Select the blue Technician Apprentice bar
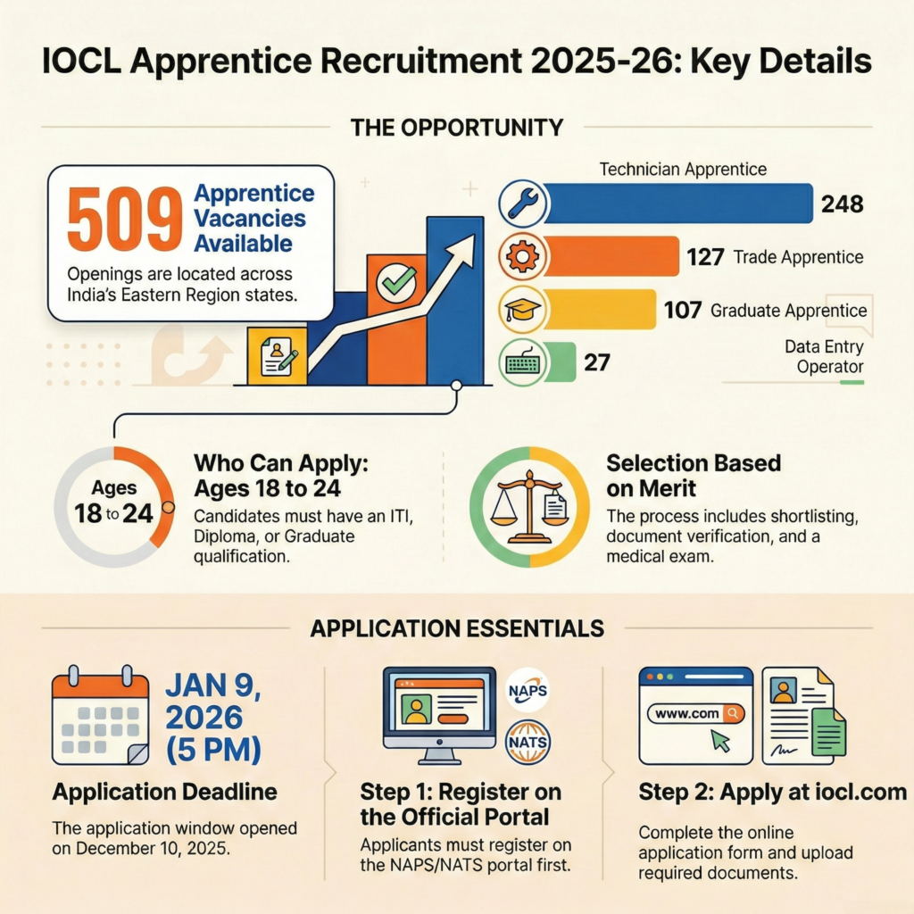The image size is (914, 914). coord(678,204)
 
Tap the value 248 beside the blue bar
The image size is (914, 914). coord(843,204)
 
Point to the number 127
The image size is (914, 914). coord(705,258)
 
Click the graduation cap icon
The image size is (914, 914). coord(521,310)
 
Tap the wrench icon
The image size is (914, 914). coord(521,204)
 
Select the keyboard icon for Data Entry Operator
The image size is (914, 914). coord(521,363)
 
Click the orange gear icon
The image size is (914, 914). coord(521,256)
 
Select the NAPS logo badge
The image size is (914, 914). coord(527,690)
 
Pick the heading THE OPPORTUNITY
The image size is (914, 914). coord(457,127)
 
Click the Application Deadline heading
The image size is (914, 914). coord(164,792)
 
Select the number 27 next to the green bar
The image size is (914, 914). coord(596,363)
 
